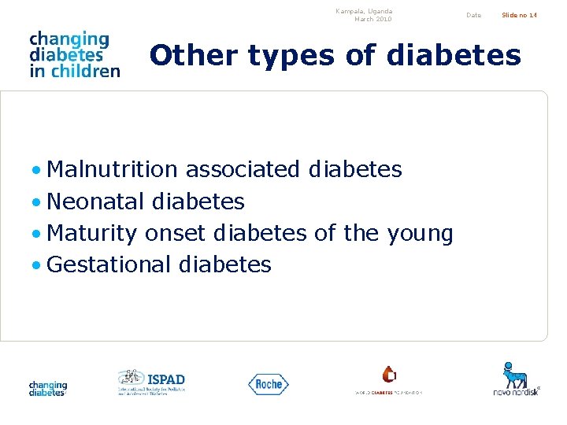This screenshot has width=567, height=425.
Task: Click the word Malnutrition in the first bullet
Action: tap(113, 169)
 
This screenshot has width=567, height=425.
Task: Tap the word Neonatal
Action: tap(96, 201)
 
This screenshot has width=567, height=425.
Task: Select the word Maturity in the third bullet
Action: tap(92, 234)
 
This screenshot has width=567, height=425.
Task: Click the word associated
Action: tap(243, 169)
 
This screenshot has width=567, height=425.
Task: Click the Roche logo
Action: tap(269, 384)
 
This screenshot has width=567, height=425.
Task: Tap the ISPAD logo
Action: tap(151, 382)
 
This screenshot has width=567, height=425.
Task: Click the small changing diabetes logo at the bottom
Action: tap(48, 388)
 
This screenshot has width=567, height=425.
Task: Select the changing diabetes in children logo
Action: tap(74, 54)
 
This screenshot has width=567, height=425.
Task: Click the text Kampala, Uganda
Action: tap(363, 11)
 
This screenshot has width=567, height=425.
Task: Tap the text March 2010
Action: tap(372, 19)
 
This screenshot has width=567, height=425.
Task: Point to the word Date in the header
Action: tap(473, 15)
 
